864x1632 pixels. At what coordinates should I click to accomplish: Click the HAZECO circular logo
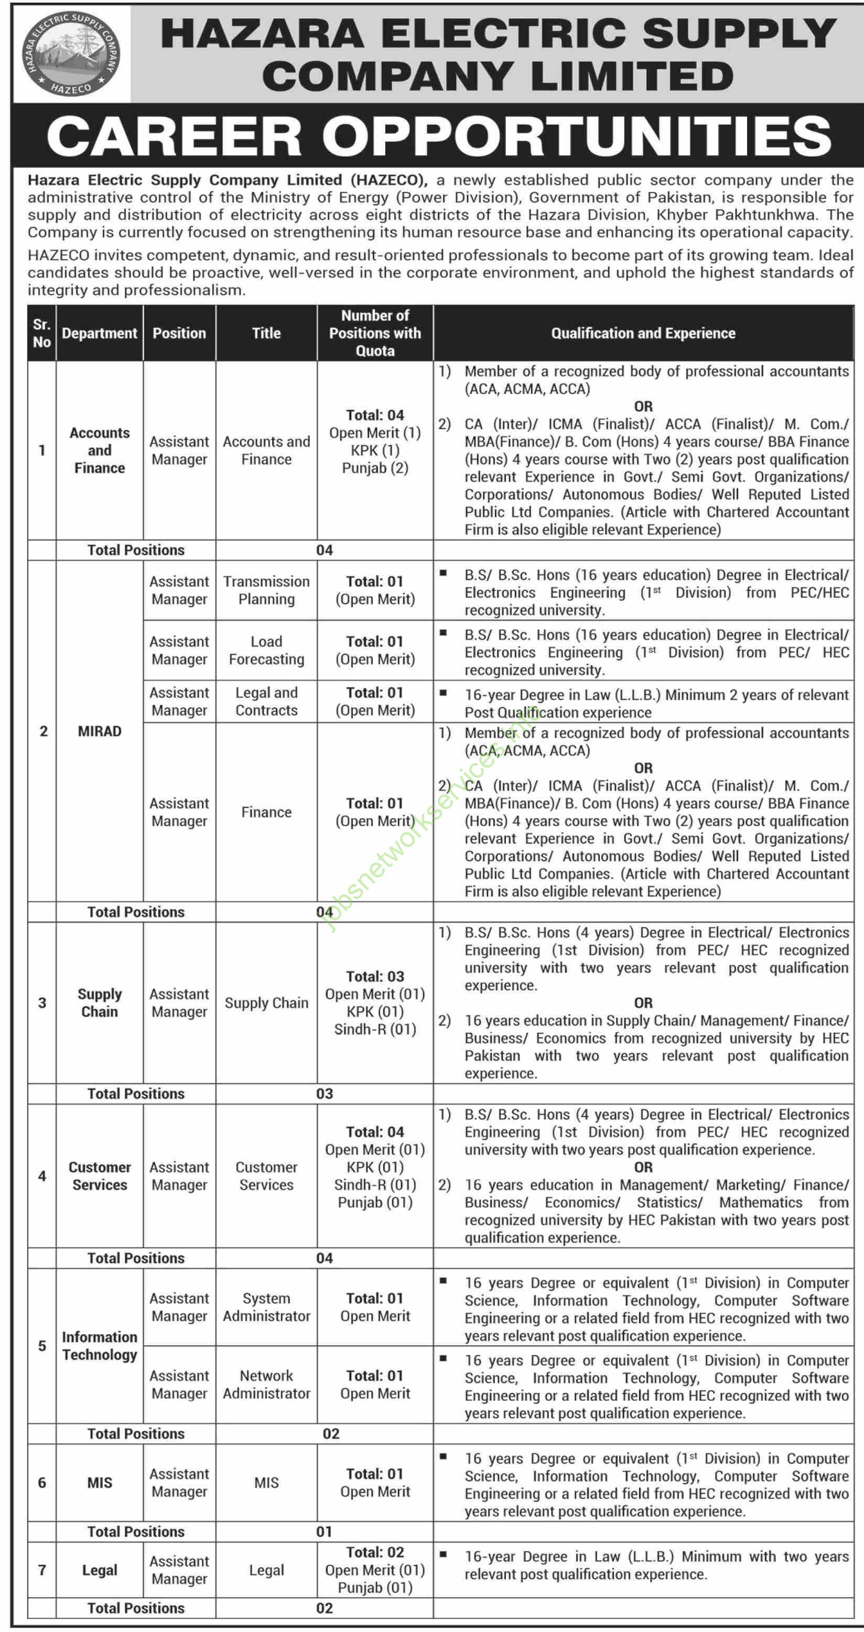[x=71, y=53]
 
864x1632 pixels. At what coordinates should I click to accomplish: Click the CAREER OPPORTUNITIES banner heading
[x=438, y=136]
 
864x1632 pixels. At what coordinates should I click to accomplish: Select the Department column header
[x=100, y=333]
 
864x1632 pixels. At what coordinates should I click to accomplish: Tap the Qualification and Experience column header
[x=643, y=333]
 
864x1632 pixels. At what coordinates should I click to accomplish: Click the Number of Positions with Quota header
[x=375, y=333]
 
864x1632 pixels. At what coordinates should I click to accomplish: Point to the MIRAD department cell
[x=100, y=731]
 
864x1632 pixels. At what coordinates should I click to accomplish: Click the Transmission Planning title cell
[x=266, y=590]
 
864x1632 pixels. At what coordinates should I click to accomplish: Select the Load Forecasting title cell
[x=266, y=651]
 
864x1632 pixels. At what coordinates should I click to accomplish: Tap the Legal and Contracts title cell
[x=266, y=702]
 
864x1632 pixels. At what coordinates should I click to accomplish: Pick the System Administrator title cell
[x=266, y=1307]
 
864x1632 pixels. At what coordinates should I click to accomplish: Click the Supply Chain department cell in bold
[x=100, y=1003]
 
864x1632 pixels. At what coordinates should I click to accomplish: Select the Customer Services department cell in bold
[x=100, y=1176]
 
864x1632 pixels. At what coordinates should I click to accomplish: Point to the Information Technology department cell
[x=100, y=1346]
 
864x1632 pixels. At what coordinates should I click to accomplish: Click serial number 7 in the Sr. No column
[x=42, y=1570]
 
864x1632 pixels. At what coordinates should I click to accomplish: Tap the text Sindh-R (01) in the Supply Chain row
[x=375, y=1030]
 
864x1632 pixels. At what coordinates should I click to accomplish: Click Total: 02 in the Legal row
[x=375, y=1552]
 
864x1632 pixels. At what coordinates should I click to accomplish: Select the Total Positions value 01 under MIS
[x=325, y=1531]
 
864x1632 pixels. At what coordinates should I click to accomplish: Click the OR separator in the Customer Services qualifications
[x=643, y=1167]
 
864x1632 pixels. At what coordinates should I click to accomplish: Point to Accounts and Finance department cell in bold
[x=100, y=450]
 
